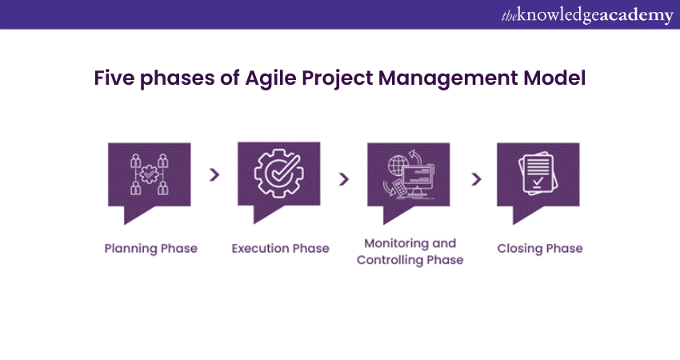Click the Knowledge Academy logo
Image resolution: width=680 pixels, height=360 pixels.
(587, 15)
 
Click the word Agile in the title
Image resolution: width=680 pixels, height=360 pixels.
(270, 79)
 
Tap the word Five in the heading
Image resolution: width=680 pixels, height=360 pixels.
(114, 78)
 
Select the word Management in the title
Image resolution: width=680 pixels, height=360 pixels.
(448, 79)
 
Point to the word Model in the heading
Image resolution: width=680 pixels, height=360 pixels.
(554, 78)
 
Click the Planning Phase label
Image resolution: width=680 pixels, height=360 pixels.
(151, 249)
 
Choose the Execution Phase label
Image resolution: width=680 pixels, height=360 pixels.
(280, 249)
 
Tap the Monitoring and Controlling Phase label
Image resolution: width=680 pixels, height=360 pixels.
(410, 251)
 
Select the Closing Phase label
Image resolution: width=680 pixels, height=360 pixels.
(540, 249)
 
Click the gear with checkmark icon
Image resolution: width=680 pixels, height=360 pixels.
(279, 174)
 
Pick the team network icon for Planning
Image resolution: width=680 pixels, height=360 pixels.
(149, 174)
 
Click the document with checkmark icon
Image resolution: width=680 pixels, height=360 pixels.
(538, 174)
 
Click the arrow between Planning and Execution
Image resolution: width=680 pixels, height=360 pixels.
(214, 174)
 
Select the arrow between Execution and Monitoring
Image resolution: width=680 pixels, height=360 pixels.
(344, 179)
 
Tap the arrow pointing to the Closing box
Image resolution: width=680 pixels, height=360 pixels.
(476, 179)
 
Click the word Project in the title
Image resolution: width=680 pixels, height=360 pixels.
(338, 79)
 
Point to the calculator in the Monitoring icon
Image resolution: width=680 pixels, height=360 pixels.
(399, 188)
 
